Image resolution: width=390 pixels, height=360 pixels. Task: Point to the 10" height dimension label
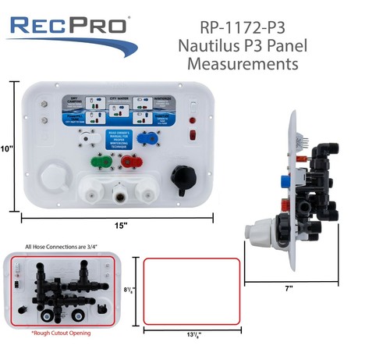(x=9, y=148)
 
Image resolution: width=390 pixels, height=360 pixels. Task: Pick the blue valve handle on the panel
(x=146, y=137)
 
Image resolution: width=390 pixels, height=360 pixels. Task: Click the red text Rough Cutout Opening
(x=61, y=333)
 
